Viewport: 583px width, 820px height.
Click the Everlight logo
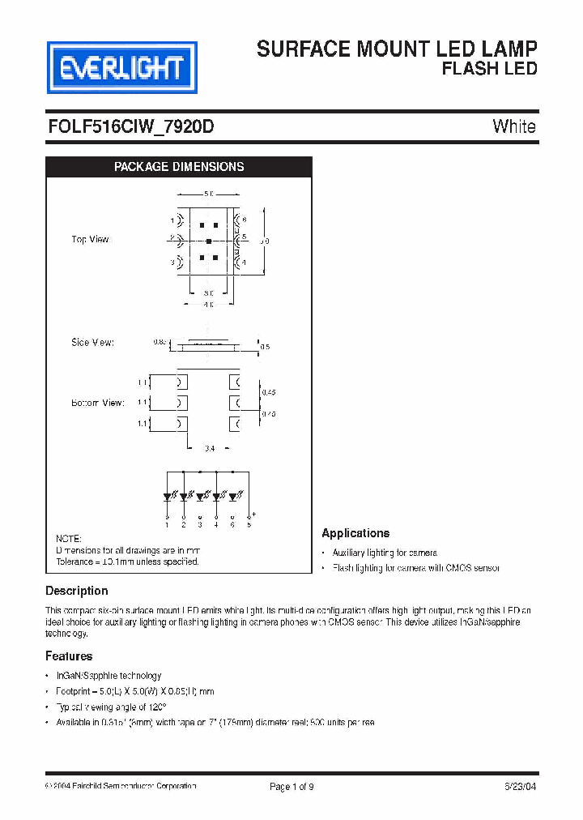(121, 68)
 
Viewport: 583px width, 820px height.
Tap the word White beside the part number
(513, 127)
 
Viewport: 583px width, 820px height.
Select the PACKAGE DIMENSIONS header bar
(178, 167)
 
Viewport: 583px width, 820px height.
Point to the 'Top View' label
(90, 240)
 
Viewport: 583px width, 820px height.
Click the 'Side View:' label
(92, 343)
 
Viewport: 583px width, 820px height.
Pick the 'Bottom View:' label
(97, 403)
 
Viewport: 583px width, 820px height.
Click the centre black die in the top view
(209, 241)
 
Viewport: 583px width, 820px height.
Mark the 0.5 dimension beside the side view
(265, 347)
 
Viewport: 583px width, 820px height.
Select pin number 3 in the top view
(172, 263)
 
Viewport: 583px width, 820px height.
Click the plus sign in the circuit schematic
(254, 515)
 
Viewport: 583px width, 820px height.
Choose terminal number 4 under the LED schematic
(216, 525)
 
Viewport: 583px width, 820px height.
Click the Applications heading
(355, 533)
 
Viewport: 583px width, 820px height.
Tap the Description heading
(76, 592)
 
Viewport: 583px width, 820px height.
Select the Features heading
(69, 656)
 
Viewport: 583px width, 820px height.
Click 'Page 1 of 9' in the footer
(291, 786)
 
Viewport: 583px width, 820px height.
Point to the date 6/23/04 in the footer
(518, 786)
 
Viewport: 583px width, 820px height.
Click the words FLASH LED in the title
(489, 69)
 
